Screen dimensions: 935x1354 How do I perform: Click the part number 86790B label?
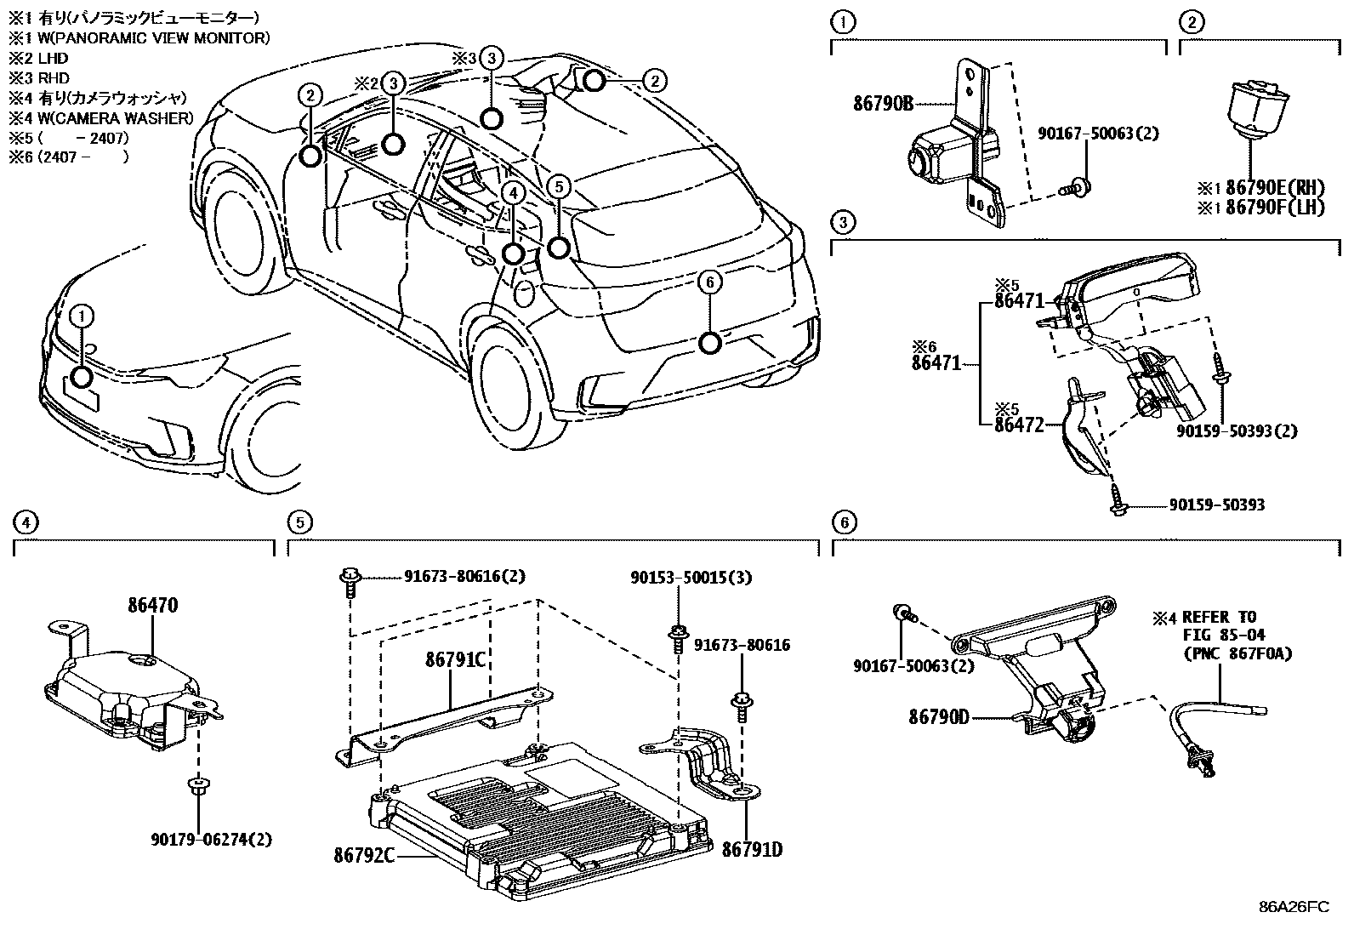(883, 105)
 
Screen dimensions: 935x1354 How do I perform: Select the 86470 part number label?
(153, 606)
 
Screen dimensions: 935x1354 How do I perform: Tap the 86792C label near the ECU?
(363, 855)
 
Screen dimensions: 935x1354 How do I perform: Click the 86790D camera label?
(938, 717)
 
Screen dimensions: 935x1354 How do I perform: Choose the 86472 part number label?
(1018, 425)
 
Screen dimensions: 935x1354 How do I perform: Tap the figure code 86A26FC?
(1294, 906)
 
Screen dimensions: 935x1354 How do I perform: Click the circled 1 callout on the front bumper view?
(82, 316)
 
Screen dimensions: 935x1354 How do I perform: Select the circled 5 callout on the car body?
(557, 185)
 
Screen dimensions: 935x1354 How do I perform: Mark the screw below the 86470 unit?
(197, 784)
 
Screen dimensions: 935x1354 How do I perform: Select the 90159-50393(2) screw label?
(1237, 430)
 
